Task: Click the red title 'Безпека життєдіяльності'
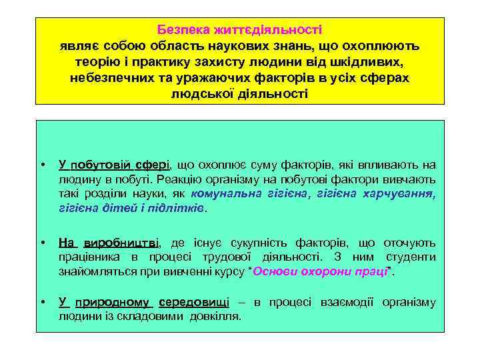tap(239, 30)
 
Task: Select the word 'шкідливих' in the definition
tap(373, 62)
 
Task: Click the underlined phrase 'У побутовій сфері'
tap(115, 164)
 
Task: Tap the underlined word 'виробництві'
tap(127, 243)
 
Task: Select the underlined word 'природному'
tap(114, 302)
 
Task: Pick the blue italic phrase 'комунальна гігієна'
tap(250, 193)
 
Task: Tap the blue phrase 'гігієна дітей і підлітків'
tap(133, 208)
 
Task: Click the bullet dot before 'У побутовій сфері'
tap(42, 165)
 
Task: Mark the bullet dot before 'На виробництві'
tap(42, 243)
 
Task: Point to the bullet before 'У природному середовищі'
tap(42, 303)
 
